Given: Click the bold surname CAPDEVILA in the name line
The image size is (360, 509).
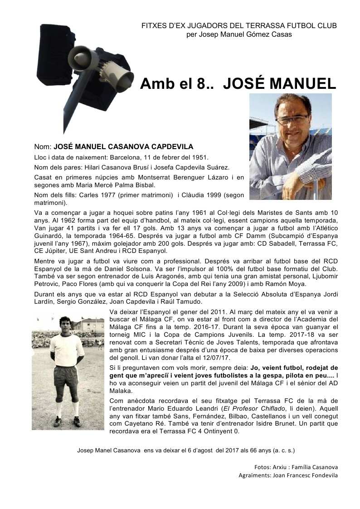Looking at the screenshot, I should click(172, 147).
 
